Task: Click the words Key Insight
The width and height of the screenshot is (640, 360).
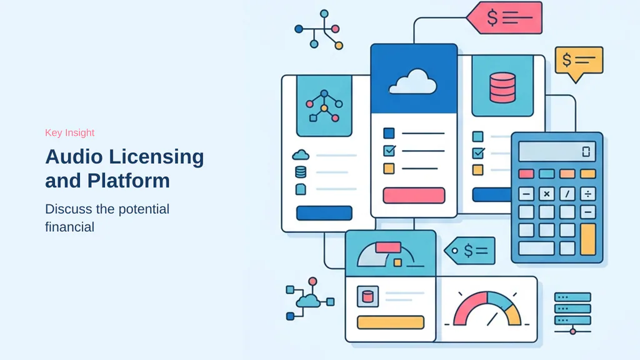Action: point(70,132)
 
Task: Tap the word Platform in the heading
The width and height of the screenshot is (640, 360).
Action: point(129,181)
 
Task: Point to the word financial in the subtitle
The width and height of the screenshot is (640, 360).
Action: point(70,227)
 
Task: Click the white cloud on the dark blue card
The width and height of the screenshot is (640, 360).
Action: point(412,82)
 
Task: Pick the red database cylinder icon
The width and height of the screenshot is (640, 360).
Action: point(502,87)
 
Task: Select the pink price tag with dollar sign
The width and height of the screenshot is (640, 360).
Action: point(504,18)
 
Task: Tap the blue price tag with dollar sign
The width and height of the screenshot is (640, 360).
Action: point(470,251)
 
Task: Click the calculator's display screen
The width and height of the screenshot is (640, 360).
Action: point(557,151)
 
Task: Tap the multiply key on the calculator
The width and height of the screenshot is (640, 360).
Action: point(546,194)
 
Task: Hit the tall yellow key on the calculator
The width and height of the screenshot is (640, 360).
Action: point(587,239)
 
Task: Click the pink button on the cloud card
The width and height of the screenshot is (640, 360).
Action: point(414,196)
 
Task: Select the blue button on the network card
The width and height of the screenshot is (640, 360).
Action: point(324,213)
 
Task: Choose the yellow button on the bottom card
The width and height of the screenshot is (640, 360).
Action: point(391,322)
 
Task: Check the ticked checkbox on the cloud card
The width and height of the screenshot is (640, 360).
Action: point(389,151)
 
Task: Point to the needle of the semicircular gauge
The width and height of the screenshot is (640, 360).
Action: point(492,319)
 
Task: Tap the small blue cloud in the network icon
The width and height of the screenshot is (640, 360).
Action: point(308,301)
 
